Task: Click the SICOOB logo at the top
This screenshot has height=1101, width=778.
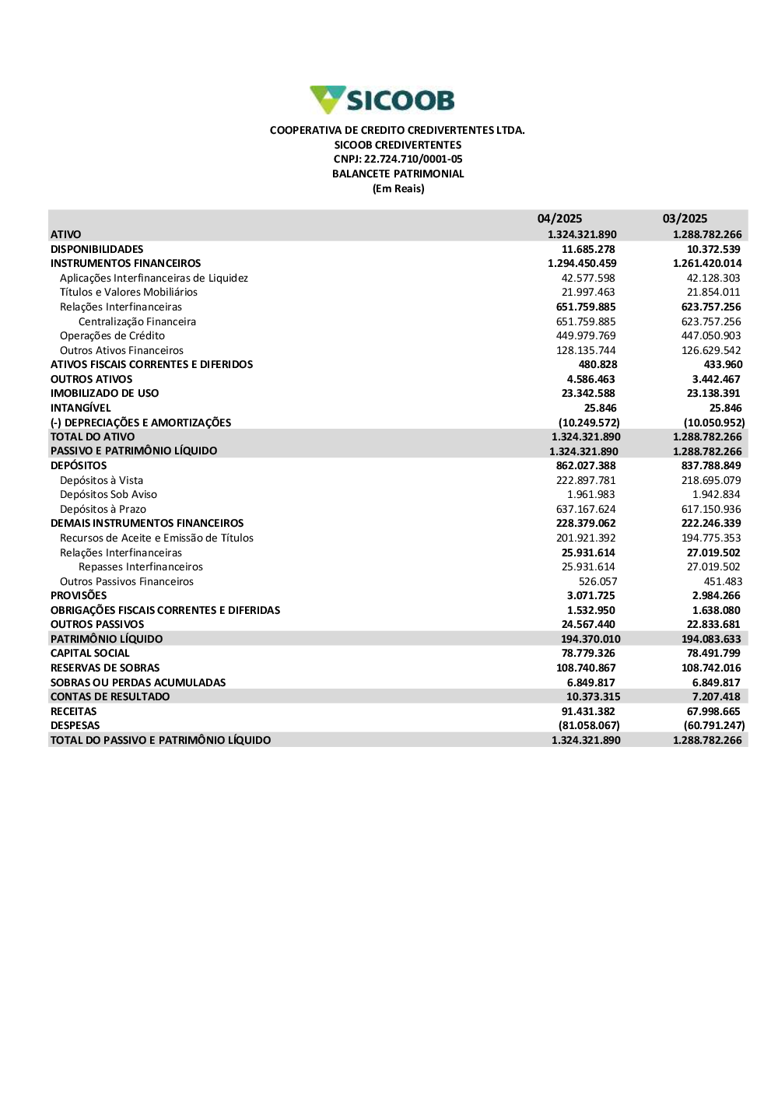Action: click(382, 100)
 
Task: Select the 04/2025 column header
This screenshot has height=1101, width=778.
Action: click(559, 219)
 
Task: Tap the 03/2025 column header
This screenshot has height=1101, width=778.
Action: click(685, 219)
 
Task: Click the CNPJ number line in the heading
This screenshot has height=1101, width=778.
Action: click(398, 160)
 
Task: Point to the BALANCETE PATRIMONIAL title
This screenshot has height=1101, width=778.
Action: click(398, 174)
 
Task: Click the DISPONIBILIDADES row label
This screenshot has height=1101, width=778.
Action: click(97, 250)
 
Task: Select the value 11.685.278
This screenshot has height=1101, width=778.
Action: click(588, 250)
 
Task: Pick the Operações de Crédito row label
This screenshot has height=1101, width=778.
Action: click(112, 336)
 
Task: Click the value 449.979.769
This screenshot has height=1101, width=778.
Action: click(586, 336)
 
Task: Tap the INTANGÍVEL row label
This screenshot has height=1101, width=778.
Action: click(81, 408)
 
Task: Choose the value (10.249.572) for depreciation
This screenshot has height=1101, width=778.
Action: click(589, 423)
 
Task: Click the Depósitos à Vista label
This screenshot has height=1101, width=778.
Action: click(101, 481)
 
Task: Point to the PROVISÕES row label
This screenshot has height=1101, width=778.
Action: click(79, 596)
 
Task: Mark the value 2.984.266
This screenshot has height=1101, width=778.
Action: click(717, 596)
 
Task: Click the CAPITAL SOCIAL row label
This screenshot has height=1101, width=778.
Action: click(90, 654)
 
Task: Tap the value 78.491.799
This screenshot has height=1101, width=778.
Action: click(713, 654)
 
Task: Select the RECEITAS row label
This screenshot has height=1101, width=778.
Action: click(74, 712)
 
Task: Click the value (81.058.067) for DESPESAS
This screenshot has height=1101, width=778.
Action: click(589, 726)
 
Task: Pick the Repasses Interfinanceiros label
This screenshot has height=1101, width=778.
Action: click(141, 567)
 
